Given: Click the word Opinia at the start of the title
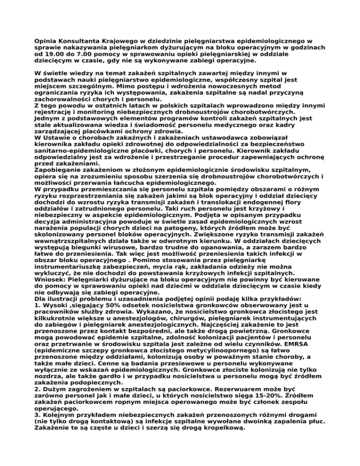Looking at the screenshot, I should (x=46, y=42).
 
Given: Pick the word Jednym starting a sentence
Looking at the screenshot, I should (x=48, y=119).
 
